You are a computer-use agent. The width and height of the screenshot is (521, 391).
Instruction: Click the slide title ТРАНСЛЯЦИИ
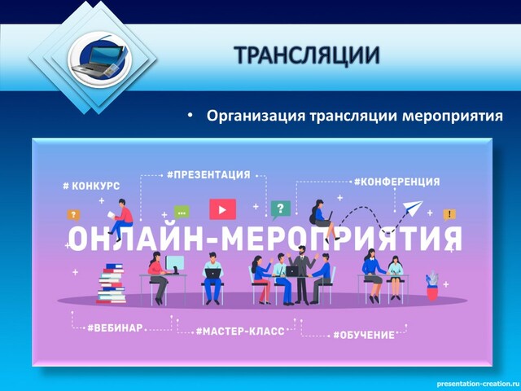pyautogui.click(x=307, y=55)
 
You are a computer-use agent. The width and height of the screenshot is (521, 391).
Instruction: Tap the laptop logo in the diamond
pyautogui.click(x=99, y=59)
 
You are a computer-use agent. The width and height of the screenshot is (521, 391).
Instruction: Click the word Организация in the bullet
pyautogui.click(x=256, y=116)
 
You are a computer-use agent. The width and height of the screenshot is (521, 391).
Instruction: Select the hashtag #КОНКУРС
pyautogui.click(x=91, y=186)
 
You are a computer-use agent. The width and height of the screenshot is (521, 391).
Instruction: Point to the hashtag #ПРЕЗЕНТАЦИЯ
pyautogui.click(x=208, y=174)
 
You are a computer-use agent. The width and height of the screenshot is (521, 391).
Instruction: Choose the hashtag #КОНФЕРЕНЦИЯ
pyautogui.click(x=396, y=182)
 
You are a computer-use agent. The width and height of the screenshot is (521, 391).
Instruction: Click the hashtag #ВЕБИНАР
pyautogui.click(x=115, y=327)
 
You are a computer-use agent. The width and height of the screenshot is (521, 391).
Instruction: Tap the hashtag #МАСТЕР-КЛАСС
pyautogui.click(x=240, y=332)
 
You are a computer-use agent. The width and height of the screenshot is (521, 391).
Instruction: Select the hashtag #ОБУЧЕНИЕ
pyautogui.click(x=364, y=335)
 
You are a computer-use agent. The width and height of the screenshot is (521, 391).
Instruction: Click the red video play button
pyautogui.click(x=222, y=209)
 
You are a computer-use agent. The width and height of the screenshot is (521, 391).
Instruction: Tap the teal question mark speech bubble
pyautogui.click(x=280, y=210)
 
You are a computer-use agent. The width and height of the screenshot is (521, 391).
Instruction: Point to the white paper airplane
pyautogui.click(x=412, y=209)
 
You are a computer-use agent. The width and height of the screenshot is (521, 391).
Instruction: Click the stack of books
pyautogui.click(x=112, y=283)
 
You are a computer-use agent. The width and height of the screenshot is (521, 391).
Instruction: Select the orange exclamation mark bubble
pyautogui.click(x=449, y=215)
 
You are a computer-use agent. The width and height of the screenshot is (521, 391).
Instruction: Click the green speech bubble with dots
pyautogui.click(x=182, y=212)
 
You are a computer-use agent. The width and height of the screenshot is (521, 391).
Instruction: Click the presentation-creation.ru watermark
pyautogui.click(x=478, y=384)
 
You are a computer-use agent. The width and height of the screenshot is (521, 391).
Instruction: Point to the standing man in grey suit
pyautogui.click(x=302, y=275)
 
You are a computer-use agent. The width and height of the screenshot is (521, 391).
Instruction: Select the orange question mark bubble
pyautogui.click(x=73, y=215)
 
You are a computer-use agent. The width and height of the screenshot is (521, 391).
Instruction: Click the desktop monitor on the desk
pyautogui.click(x=175, y=264)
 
